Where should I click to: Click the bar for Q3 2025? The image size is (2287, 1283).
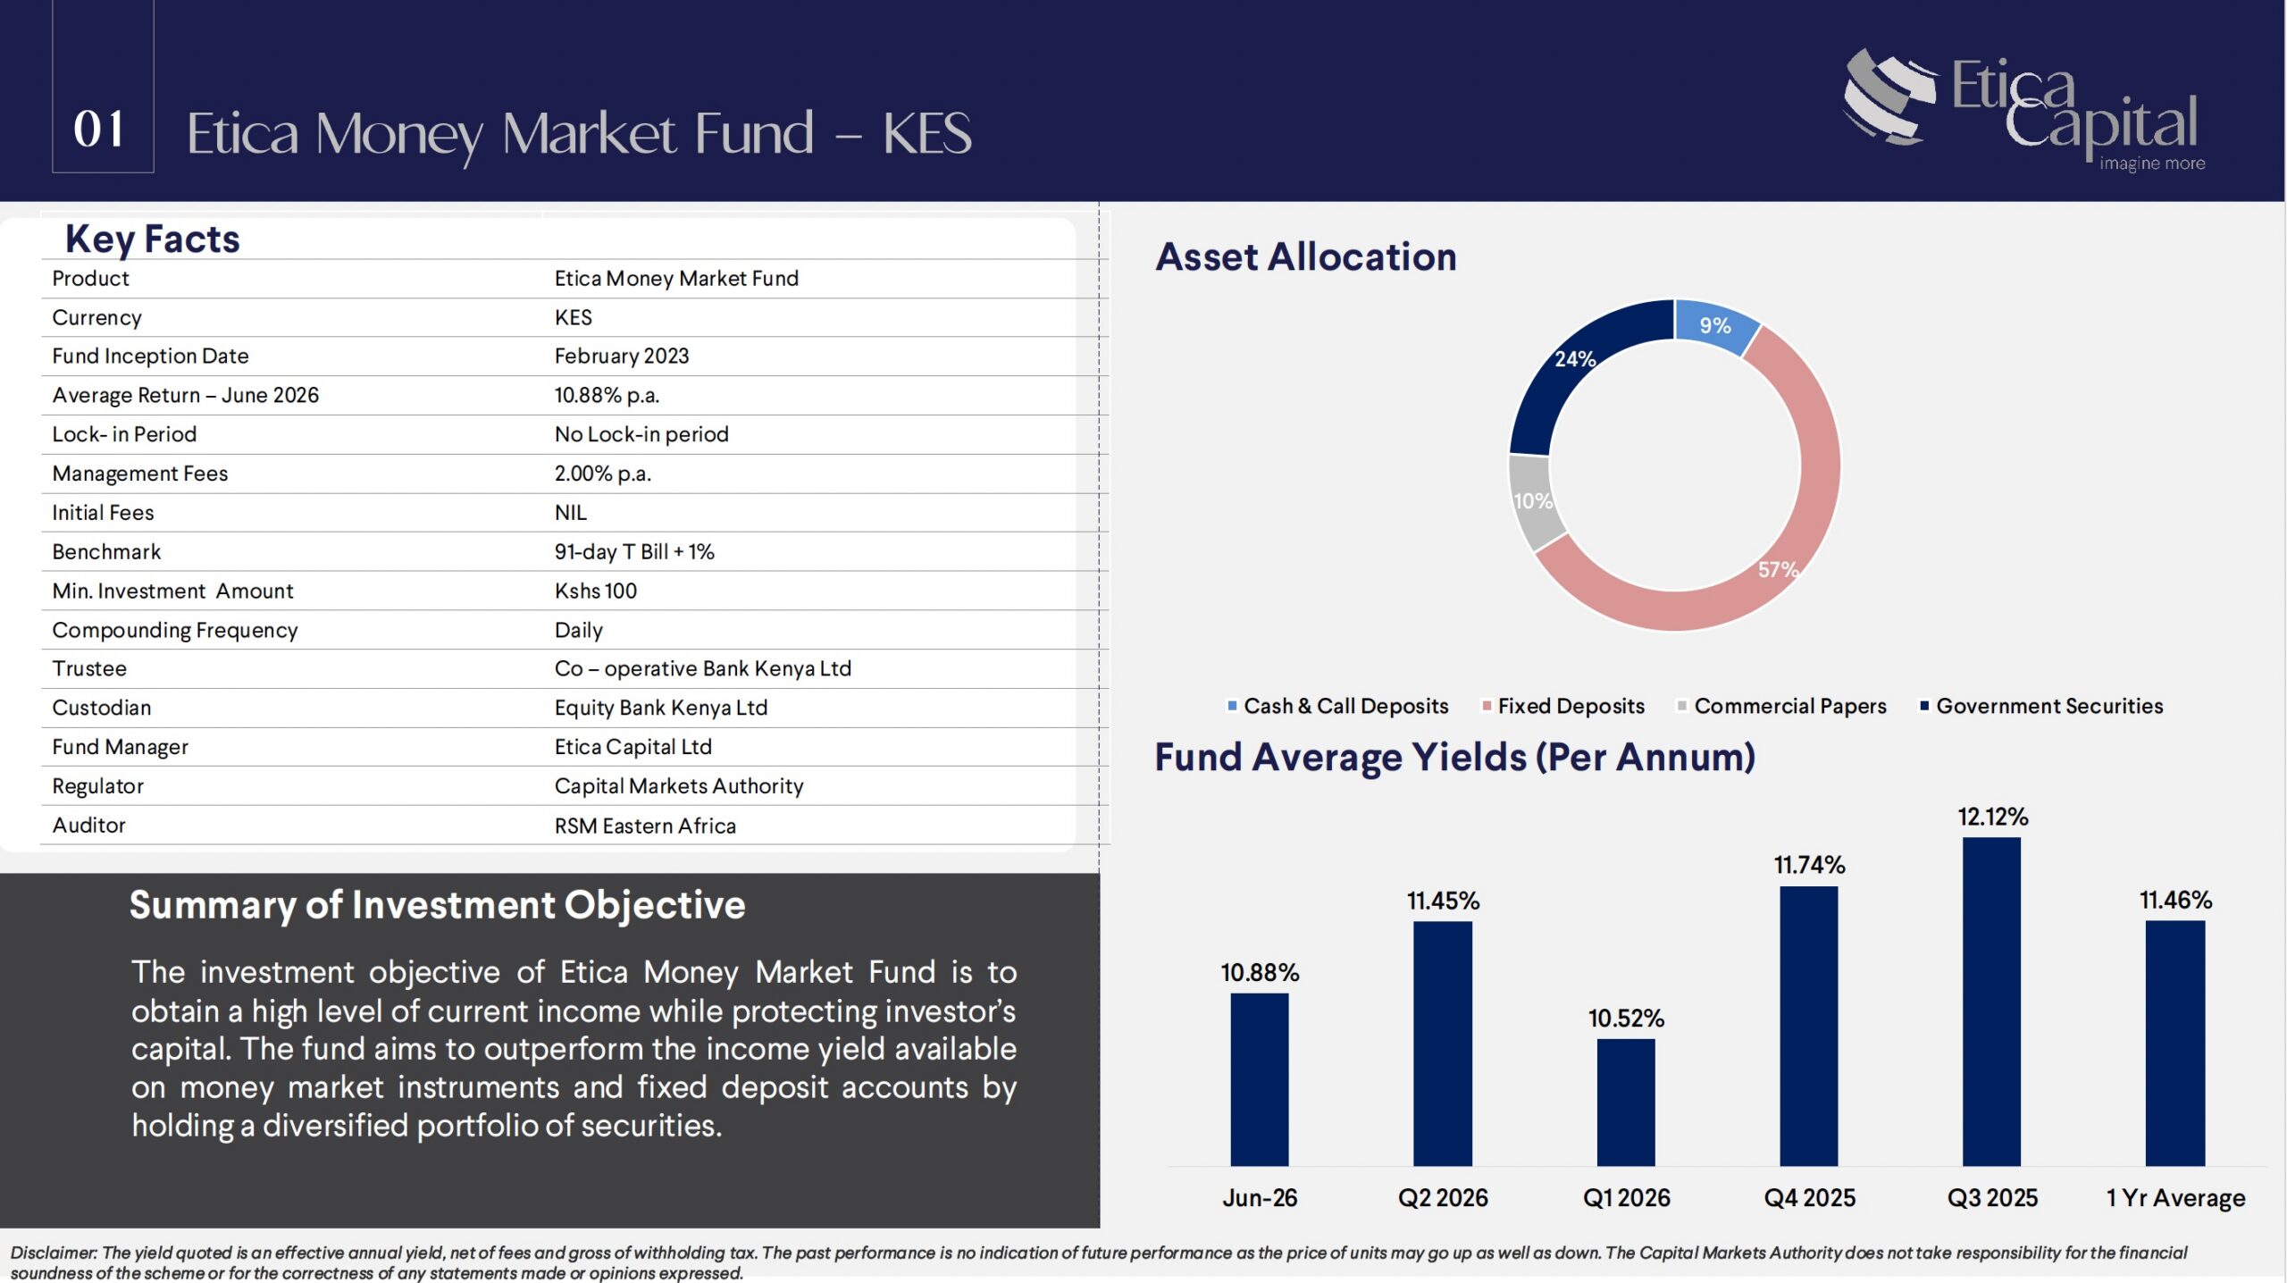click(x=1991, y=1001)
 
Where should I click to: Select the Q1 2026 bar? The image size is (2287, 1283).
click(x=1626, y=1103)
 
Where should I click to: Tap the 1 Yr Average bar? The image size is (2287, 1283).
click(x=2175, y=1044)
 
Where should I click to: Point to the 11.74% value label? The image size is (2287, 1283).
click(x=1809, y=865)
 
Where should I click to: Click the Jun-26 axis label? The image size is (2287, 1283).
click(x=1260, y=1197)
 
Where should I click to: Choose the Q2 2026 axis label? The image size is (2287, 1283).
click(x=1443, y=1197)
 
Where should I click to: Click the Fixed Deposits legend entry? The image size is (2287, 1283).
click(x=1563, y=706)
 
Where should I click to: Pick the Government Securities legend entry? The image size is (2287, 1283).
click(x=2041, y=706)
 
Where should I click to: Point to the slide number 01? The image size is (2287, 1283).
click(x=99, y=129)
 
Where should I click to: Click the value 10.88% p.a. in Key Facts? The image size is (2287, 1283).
click(x=607, y=395)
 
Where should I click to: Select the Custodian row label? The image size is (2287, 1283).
click(x=102, y=708)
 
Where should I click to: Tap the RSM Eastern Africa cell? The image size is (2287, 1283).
click(x=645, y=826)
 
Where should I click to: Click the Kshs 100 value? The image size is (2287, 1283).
click(x=596, y=591)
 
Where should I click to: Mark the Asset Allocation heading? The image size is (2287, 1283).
click(x=1306, y=257)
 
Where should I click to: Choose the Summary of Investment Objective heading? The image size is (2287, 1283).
click(x=438, y=905)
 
